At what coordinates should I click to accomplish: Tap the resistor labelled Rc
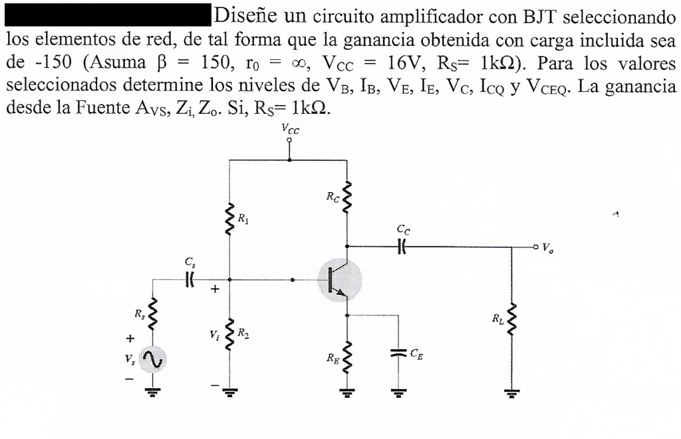click(x=346, y=198)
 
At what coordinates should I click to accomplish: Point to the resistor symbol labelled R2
click(x=229, y=333)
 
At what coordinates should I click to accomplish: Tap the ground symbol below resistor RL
click(x=511, y=392)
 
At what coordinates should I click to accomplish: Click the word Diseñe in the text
click(x=242, y=13)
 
